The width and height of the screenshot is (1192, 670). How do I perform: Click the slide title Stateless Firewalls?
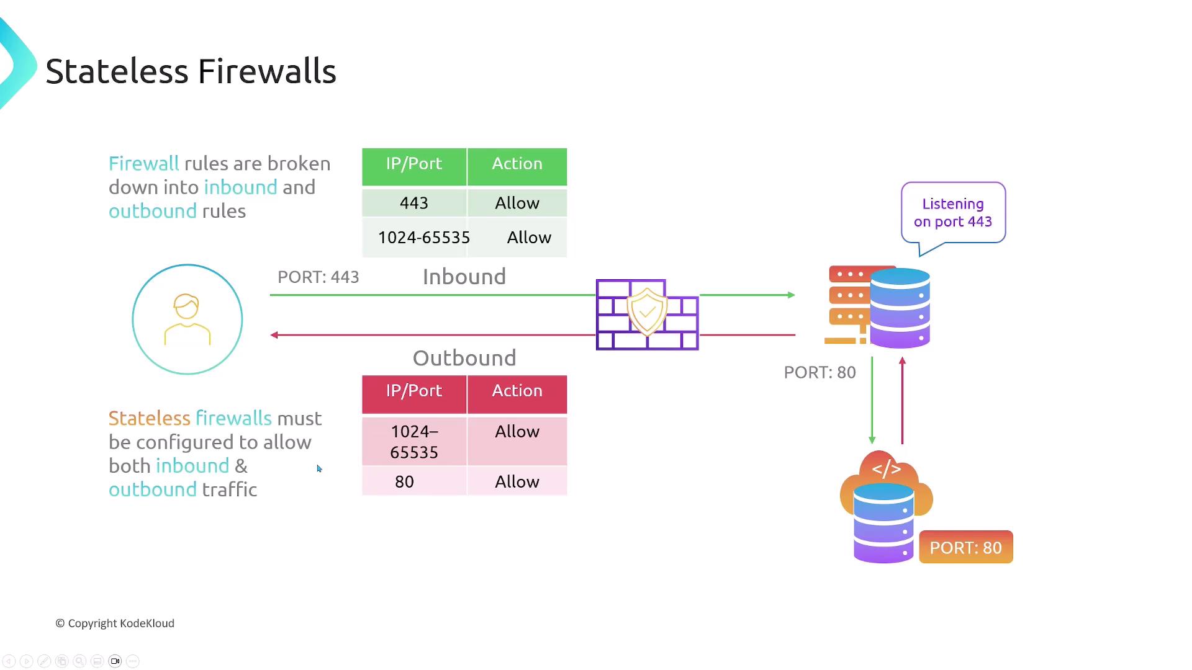(191, 71)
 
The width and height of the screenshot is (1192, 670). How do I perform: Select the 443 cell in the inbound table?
(414, 203)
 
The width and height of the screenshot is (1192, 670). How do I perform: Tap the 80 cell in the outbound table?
(405, 481)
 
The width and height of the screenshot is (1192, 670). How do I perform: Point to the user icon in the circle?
(187, 319)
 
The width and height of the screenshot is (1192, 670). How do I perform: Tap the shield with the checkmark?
(647, 311)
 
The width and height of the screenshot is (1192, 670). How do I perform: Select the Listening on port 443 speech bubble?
(953, 213)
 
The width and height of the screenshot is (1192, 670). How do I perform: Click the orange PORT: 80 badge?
(965, 547)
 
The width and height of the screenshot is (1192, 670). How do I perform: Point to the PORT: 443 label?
(318, 277)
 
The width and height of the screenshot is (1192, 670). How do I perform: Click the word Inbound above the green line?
(464, 277)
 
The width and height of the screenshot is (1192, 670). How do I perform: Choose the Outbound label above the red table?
(464, 358)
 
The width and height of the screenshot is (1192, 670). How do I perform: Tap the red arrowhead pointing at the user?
(274, 335)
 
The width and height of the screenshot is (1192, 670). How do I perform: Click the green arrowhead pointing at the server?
(792, 295)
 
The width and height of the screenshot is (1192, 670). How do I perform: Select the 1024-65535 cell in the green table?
(424, 238)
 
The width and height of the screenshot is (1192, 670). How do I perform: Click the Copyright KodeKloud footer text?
(115, 623)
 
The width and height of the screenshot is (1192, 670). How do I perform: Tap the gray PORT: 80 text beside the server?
(819, 372)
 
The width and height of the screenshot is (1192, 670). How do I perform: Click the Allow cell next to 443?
(517, 203)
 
